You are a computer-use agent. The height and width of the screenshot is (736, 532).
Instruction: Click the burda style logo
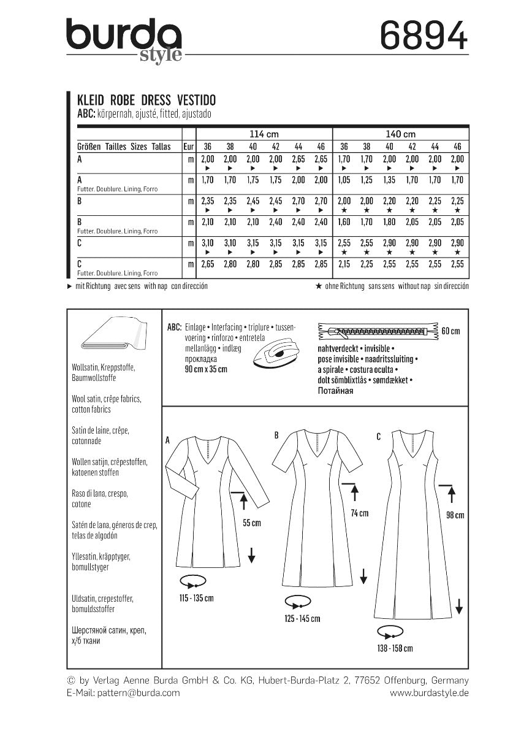pos(124,39)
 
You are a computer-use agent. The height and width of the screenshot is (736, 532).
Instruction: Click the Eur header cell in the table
pos(189,147)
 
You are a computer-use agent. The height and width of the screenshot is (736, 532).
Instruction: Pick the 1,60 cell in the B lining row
pos(344,222)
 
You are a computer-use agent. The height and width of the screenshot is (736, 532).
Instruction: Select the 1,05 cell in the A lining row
pos(344,180)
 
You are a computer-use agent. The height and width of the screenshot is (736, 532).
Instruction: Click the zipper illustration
pos(378,332)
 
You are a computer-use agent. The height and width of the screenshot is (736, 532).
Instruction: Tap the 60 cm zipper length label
pos(450,332)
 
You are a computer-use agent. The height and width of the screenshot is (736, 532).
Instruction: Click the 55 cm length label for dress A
pos(251,523)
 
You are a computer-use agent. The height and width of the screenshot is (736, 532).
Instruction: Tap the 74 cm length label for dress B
pos(359,513)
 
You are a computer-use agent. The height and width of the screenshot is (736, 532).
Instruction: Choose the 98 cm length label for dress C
pos(455,515)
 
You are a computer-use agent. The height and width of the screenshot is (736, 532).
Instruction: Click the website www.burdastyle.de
pos(429,692)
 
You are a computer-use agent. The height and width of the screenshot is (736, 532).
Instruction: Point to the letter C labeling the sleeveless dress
pos(378,436)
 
